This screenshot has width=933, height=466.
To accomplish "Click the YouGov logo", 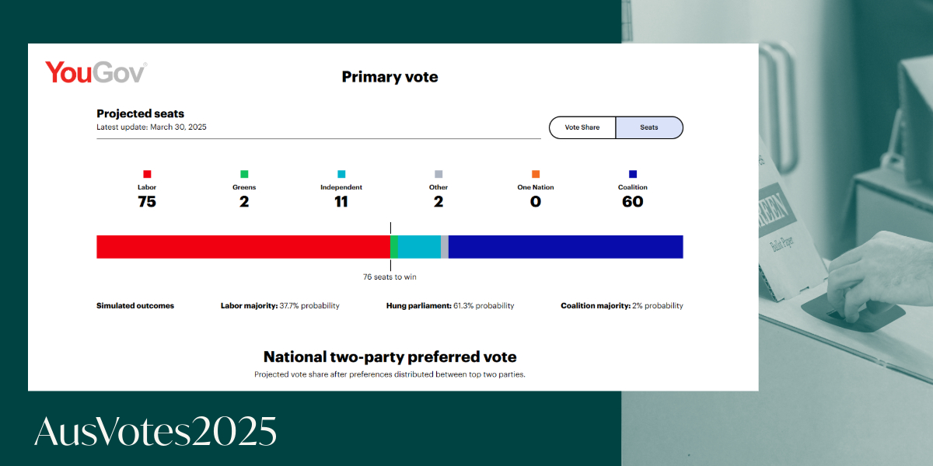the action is coord(96,72).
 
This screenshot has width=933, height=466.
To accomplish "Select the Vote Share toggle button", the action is coord(582,127).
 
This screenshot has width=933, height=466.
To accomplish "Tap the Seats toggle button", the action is coord(649,127).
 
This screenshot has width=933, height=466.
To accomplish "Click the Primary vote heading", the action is coord(390,77).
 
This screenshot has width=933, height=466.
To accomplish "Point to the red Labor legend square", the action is coord(147,174).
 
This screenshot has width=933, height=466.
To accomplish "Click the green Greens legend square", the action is coord(244,174).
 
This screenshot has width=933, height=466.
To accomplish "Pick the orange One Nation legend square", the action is coord(536,174).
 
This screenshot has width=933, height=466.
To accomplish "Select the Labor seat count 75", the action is coord(147,202).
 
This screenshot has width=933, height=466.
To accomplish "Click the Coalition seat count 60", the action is coord(633,202).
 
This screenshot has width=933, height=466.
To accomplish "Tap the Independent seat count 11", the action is coord(341,202).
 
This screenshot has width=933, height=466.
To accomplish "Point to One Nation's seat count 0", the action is coord(536,202).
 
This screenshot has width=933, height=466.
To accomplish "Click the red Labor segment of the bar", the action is coord(243,247).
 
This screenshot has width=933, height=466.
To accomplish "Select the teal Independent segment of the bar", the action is coord(419,247).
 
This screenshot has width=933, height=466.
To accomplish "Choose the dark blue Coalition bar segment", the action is coord(566,247).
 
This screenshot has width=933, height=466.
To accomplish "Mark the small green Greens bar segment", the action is coord(394,247).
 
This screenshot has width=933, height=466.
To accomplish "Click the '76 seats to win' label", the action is coord(390,277).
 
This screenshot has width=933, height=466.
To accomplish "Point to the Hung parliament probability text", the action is coord(450,306).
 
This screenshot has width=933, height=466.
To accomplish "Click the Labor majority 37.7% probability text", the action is coord(280,306).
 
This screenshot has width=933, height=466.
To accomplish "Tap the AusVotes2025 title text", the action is coord(155,431).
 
